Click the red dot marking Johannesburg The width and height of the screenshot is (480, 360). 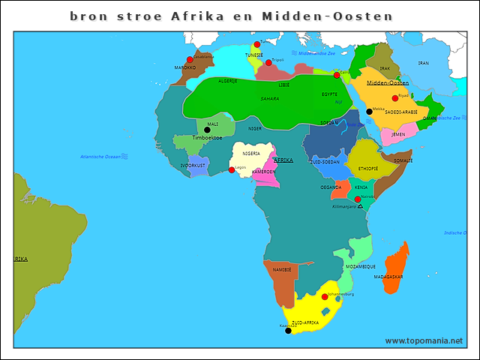[325, 297]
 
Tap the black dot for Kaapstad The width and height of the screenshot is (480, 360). [288, 330]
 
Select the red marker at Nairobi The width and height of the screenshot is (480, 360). [358, 199]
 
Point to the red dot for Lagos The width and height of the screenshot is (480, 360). [232, 170]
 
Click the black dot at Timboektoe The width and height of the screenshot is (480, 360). [208, 130]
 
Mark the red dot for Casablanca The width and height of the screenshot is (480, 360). [190, 60]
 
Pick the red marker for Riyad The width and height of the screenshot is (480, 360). [395, 98]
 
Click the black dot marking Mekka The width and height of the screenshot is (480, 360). [369, 112]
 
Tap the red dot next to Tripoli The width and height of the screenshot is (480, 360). [268, 62]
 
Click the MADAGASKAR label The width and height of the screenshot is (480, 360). [388, 277]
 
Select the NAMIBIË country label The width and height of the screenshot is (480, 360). [282, 269]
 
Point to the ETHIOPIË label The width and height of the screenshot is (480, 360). [368, 169]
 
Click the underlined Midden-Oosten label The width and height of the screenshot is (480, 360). [387, 82]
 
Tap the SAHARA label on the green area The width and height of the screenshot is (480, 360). [269, 98]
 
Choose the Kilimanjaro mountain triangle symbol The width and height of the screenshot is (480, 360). [361, 205]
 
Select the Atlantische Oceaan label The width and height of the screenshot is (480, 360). [100, 156]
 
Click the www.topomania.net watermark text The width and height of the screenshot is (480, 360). [424, 340]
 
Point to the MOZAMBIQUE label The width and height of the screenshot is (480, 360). [361, 266]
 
